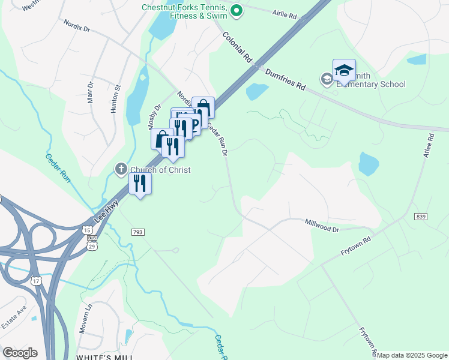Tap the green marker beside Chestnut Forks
coord(237,10)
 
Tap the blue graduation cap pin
coord(344,71)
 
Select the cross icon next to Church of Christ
coord(121,170)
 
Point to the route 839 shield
coord(420,215)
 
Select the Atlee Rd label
coord(429,146)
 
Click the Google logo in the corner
coord(20,353)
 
